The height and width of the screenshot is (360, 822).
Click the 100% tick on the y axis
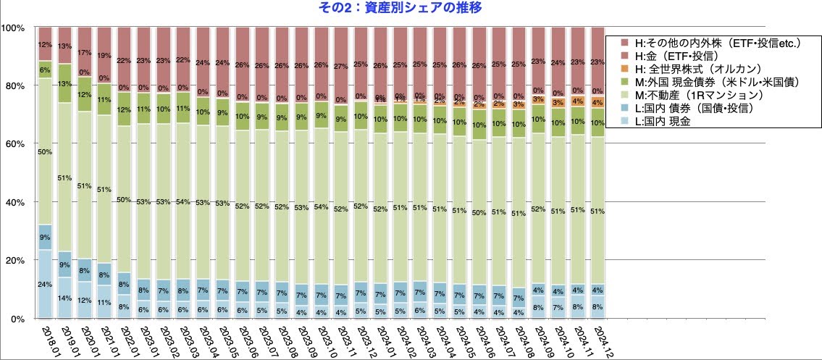click(14, 28)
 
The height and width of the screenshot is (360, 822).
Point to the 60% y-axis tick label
click(16, 144)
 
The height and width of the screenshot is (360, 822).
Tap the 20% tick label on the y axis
click(16, 260)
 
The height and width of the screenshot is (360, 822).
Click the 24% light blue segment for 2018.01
click(46, 284)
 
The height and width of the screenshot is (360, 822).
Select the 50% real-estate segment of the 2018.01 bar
click(46, 151)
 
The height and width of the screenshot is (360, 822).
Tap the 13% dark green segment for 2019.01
click(65, 83)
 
